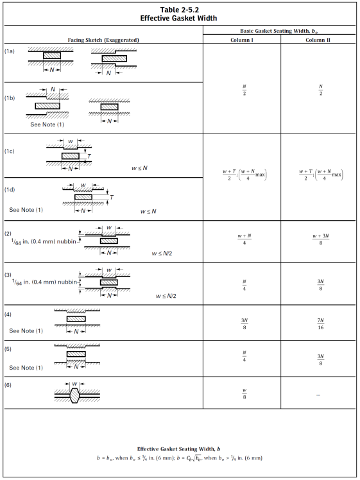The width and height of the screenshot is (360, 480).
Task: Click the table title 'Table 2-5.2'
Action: (180, 10)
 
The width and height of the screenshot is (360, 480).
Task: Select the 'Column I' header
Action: (242, 40)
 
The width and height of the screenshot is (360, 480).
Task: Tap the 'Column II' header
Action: (318, 40)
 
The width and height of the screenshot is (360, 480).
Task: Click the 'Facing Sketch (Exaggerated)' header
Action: (103, 40)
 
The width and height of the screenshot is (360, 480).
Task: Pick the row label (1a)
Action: (9, 51)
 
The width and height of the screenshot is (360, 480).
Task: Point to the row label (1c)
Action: (9, 151)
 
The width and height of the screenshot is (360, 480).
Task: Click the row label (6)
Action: (8, 385)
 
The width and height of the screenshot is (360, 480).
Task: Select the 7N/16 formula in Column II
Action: (320, 323)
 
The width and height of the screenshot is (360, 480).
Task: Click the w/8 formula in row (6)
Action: (244, 393)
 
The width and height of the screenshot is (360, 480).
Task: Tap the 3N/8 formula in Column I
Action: (244, 323)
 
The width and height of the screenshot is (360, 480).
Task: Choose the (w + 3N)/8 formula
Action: (320, 239)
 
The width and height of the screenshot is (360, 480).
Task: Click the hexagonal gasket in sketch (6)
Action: (74, 395)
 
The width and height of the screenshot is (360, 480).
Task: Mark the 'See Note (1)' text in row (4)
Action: (26, 330)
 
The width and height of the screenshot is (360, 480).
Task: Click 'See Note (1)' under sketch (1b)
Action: (47, 124)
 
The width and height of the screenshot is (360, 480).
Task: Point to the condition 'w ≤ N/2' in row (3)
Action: (166, 296)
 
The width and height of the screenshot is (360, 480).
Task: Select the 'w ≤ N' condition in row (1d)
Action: (148, 211)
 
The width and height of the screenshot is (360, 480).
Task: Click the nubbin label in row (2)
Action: (44, 241)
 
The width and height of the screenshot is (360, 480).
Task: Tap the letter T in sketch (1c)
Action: (89, 156)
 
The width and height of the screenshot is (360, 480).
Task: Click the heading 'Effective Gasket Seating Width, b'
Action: (178, 449)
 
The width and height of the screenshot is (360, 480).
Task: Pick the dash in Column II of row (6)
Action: (318, 395)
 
